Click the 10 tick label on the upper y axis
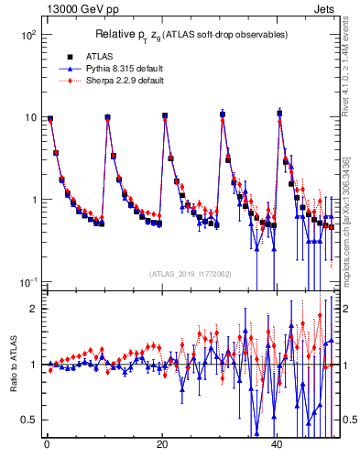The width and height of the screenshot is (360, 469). click(27, 117)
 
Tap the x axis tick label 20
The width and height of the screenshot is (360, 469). click(162, 444)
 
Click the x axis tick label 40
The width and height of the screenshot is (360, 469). click(278, 444)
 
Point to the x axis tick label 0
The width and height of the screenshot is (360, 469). click(47, 444)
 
